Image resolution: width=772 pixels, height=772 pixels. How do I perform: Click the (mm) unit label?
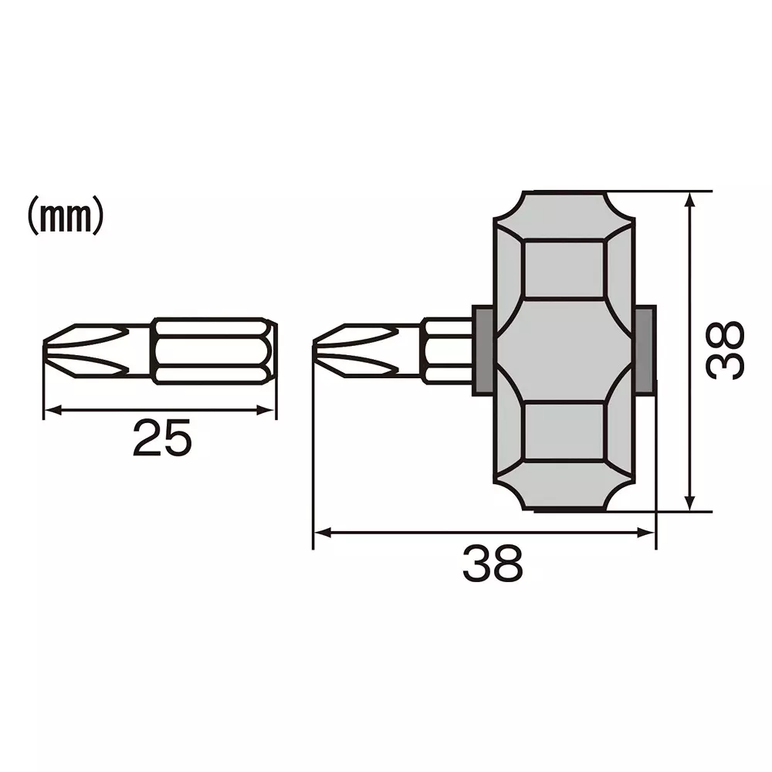pyautogui.click(x=66, y=218)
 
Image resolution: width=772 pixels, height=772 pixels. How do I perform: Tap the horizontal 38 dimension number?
pyautogui.click(x=493, y=564)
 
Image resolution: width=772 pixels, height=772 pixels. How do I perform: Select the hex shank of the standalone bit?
pyautogui.click(x=213, y=350)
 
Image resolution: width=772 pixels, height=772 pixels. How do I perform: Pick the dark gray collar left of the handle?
pyautogui.click(x=483, y=350)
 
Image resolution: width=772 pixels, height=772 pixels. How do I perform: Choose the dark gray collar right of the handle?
pyautogui.click(x=645, y=350)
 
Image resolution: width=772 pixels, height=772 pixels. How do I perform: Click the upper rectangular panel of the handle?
pyautogui.click(x=563, y=269)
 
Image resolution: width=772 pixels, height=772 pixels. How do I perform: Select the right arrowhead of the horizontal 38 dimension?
pyautogui.click(x=648, y=532)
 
